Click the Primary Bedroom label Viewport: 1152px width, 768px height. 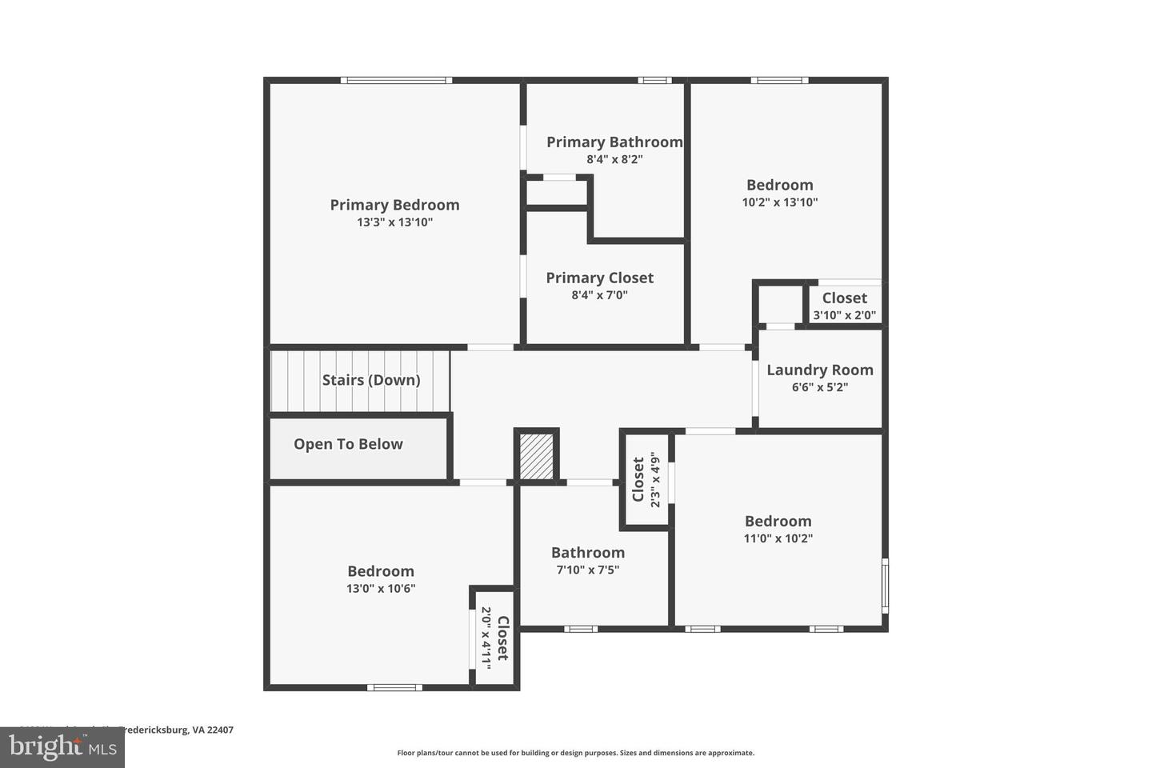coord(394,205)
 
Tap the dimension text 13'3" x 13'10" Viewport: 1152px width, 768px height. coord(394,222)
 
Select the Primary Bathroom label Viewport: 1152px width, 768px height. coord(614,142)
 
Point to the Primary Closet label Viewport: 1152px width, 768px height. coord(599,278)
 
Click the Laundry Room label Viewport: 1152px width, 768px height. coord(819,370)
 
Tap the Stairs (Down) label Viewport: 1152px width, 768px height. coord(371,380)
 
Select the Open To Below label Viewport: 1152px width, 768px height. coord(348,444)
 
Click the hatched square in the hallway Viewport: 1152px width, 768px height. coord(536,456)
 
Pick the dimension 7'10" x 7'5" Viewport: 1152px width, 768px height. coord(587,570)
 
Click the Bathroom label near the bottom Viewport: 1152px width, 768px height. coord(587,553)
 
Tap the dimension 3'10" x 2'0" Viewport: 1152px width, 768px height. coord(844,315)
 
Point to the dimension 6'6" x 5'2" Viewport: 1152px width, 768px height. coord(819,387)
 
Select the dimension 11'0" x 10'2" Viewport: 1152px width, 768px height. coord(778,538)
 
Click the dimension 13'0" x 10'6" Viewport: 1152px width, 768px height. coord(380,589)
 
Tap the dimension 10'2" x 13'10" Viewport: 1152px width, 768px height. coord(779,202)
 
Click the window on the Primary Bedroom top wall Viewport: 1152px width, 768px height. coord(396,80)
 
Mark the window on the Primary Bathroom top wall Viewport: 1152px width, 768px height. coord(654,80)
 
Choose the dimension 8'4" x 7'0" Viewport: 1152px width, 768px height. coord(599,295)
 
